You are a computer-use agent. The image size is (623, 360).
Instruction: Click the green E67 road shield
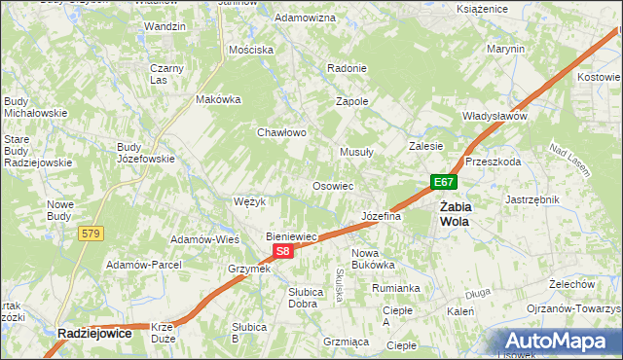click(x=444, y=182)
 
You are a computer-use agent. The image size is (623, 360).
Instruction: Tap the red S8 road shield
click(x=281, y=251)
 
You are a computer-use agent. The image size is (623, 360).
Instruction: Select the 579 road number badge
click(x=92, y=233)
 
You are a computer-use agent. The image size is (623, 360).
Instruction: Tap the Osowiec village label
click(x=332, y=185)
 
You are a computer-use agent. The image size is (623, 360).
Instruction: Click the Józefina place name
click(x=381, y=216)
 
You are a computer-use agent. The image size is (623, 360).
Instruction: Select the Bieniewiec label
click(x=293, y=236)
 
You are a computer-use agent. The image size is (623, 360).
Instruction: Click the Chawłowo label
click(x=281, y=132)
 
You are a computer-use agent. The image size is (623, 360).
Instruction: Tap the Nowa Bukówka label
click(x=372, y=258)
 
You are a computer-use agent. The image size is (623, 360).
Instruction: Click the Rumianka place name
click(x=395, y=288)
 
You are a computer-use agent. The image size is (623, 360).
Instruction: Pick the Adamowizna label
click(x=306, y=18)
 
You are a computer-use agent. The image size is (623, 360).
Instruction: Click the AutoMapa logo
click(x=559, y=342)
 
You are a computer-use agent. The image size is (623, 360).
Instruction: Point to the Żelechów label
click(x=571, y=284)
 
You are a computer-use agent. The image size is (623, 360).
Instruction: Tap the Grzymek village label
click(x=248, y=269)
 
